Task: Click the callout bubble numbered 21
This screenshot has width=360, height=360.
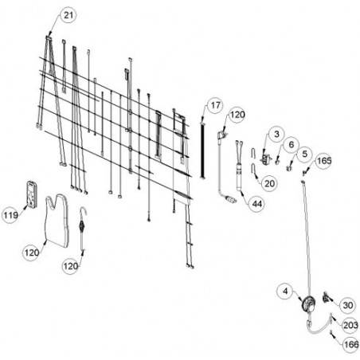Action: click(68, 15)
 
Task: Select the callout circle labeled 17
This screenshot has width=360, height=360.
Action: click(215, 105)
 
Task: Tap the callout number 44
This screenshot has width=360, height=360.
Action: click(257, 204)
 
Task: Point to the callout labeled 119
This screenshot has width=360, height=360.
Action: click(10, 215)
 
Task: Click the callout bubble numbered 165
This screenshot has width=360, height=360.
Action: click(324, 161)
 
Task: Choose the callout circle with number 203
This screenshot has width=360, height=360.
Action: click(350, 325)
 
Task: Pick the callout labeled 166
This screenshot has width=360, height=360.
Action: click(351, 345)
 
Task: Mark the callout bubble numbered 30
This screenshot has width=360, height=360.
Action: click(347, 305)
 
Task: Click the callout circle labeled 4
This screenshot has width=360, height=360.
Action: click(285, 292)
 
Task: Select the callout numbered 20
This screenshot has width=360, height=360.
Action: click(269, 183)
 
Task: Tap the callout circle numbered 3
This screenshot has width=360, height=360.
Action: click(276, 134)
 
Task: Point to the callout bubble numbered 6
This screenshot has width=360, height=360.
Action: click(292, 145)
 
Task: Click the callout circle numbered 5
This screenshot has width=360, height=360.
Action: click(304, 154)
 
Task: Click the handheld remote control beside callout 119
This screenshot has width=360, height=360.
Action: click(32, 194)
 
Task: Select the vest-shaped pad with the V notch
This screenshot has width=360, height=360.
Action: click(57, 221)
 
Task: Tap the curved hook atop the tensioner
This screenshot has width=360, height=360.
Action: click(84, 212)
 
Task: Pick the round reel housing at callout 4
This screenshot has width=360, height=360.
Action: click(309, 303)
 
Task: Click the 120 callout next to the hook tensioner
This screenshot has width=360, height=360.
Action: click(71, 266)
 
